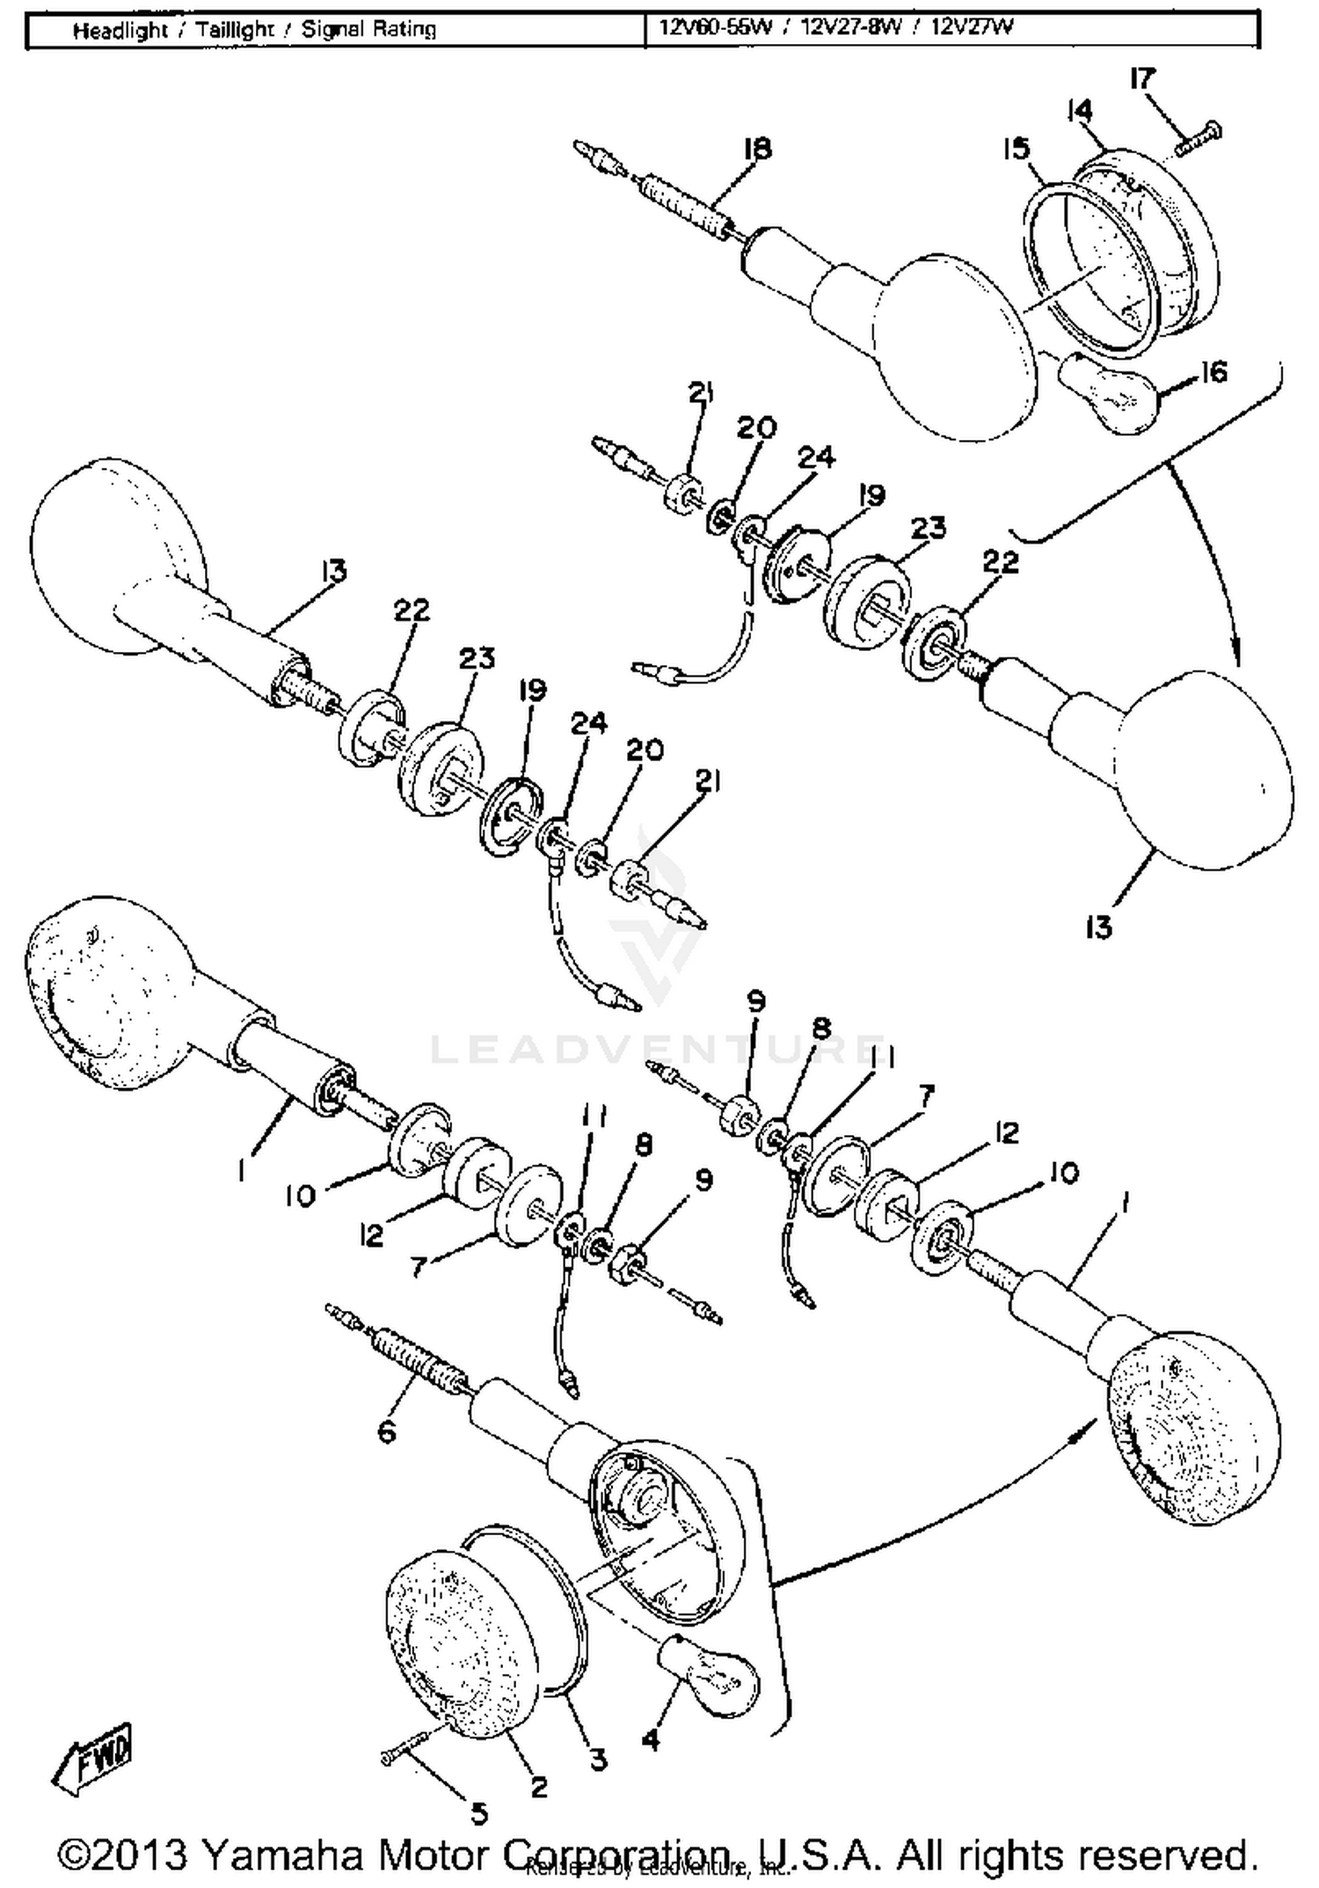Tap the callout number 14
[1079, 111]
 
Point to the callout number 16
[1213, 372]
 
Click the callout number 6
[387, 1431]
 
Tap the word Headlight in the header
[120, 31]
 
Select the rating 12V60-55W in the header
[716, 27]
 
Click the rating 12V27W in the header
[972, 27]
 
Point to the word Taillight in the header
[235, 31]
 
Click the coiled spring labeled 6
[413, 1361]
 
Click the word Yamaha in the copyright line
[281, 1855]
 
